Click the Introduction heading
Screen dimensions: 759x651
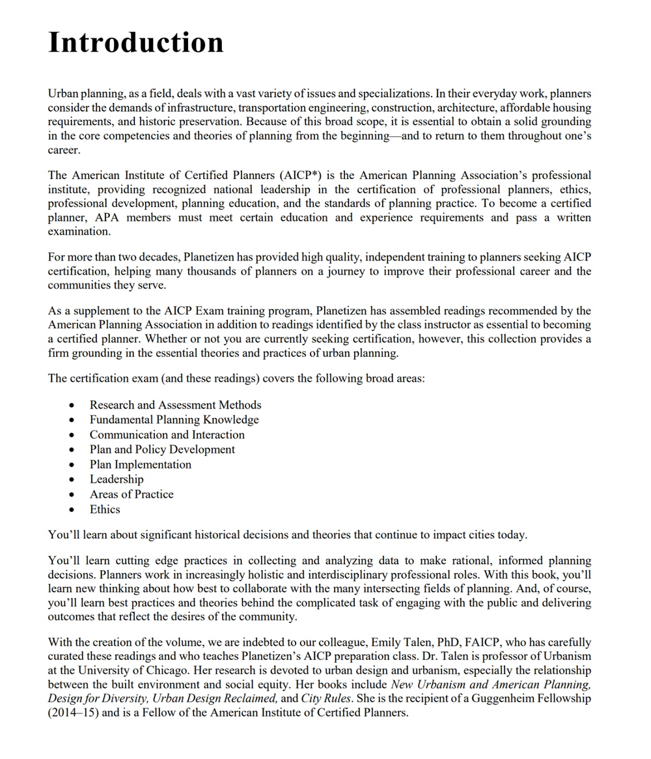[x=136, y=42]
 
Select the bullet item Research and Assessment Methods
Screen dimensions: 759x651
[x=175, y=405]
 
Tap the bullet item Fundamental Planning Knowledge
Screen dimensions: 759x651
[x=174, y=420]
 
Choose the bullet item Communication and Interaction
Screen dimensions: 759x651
[x=167, y=435]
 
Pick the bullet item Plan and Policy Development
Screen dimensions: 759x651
[x=162, y=450]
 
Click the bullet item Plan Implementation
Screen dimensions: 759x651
[x=141, y=465]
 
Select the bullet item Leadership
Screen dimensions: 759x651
[x=117, y=480]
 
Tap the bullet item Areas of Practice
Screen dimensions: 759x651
[x=132, y=494]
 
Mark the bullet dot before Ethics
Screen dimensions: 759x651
[x=71, y=510]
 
